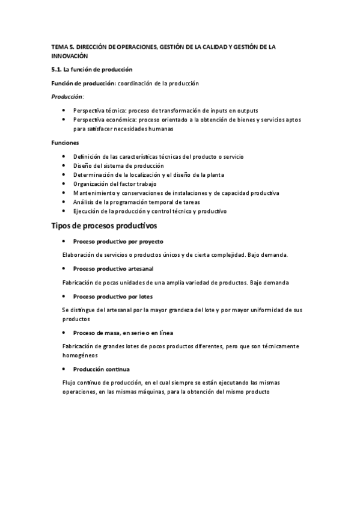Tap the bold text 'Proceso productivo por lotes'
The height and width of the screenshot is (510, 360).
(x=112, y=296)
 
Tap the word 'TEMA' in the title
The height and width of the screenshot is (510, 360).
(x=58, y=46)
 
